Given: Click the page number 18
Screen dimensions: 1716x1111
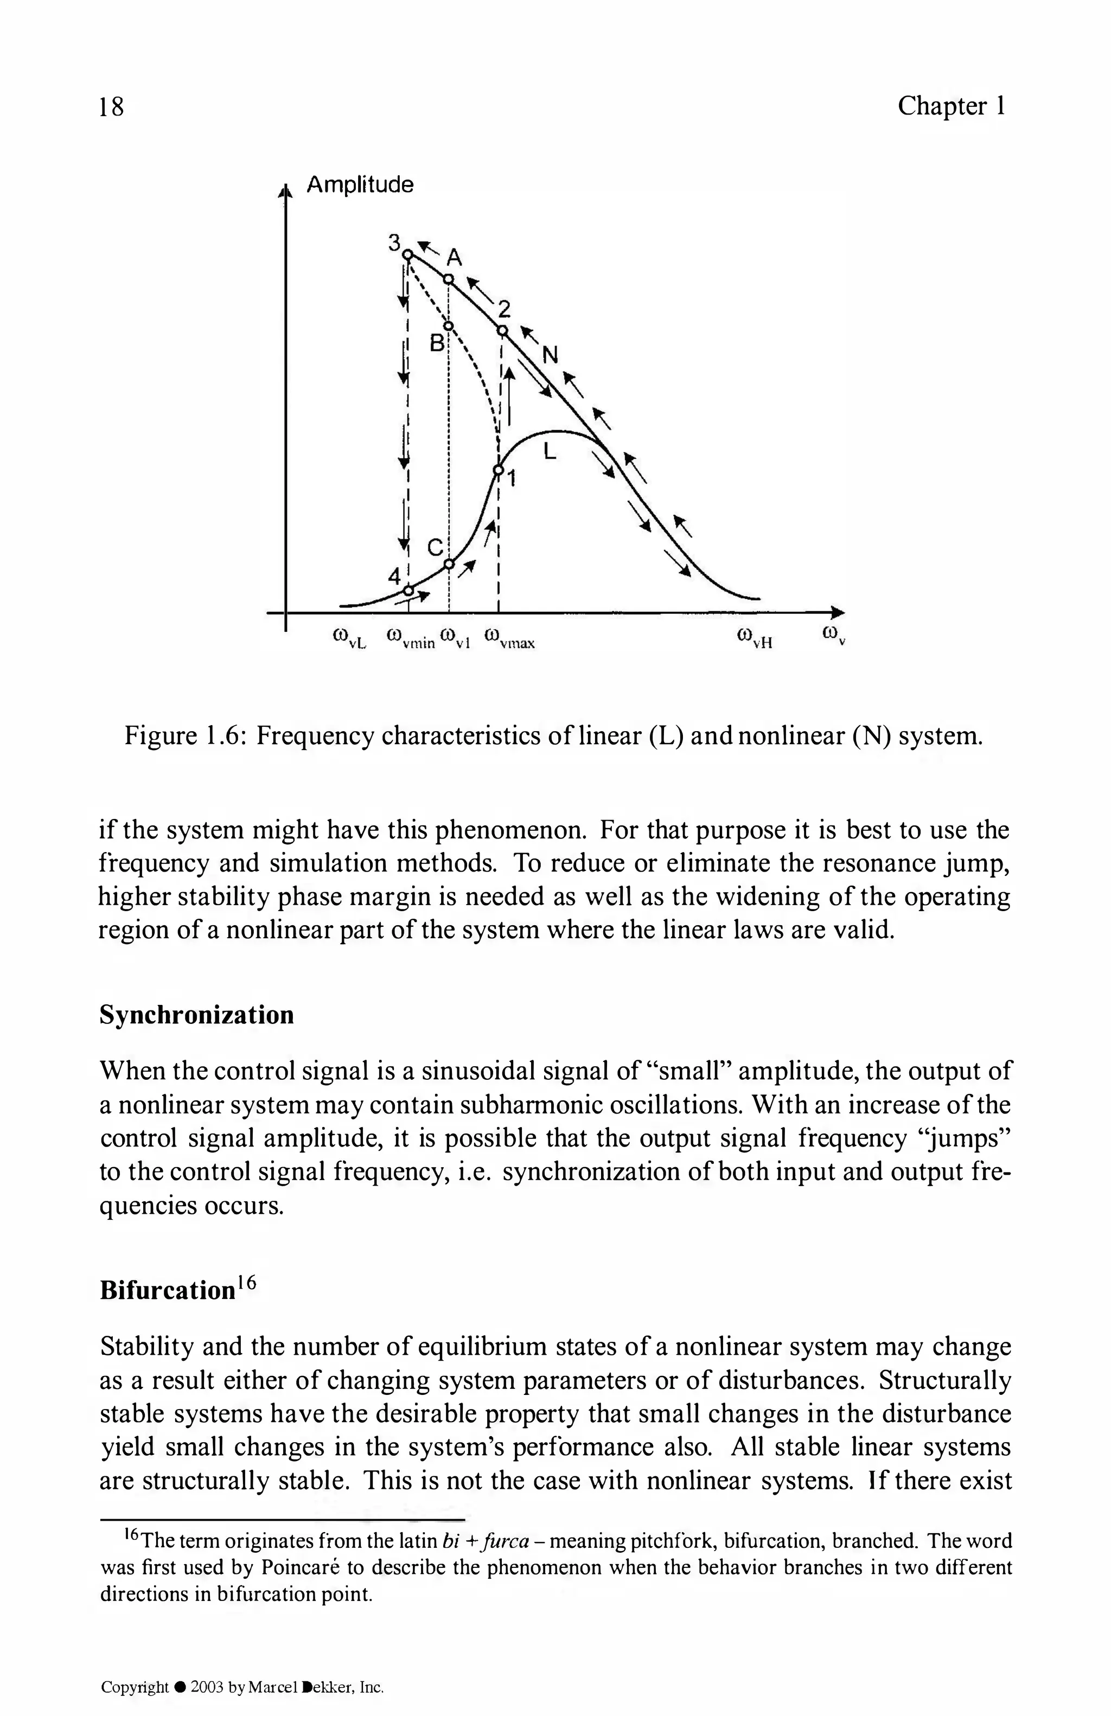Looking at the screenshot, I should [112, 107].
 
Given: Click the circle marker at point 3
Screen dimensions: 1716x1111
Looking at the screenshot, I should [407, 254].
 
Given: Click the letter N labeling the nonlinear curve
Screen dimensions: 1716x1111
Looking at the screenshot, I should [550, 355].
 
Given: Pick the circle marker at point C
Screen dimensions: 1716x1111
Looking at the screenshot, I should [449, 564].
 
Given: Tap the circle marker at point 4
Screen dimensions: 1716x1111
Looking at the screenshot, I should [408, 591].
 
